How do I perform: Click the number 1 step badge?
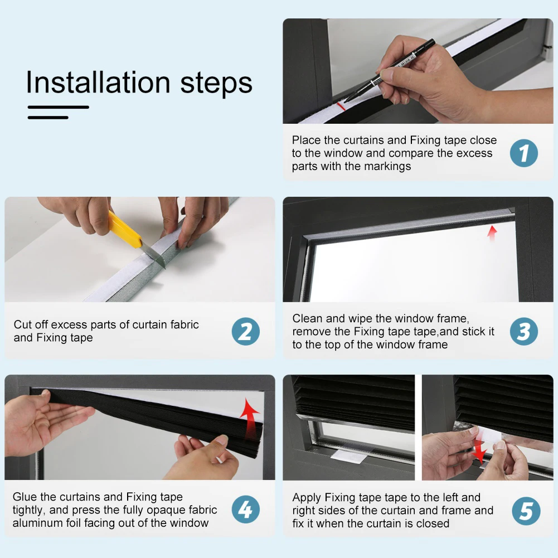[523, 153]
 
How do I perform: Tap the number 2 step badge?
[245, 331]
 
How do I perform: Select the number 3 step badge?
[523, 331]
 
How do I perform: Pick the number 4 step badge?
[245, 510]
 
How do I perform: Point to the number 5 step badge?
[526, 511]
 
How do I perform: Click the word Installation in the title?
[98, 82]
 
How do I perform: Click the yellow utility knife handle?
[125, 230]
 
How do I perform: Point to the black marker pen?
[389, 71]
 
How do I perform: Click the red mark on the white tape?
[341, 106]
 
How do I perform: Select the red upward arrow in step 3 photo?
[492, 234]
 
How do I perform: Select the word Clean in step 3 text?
[308, 318]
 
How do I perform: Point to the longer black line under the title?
[59, 107]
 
